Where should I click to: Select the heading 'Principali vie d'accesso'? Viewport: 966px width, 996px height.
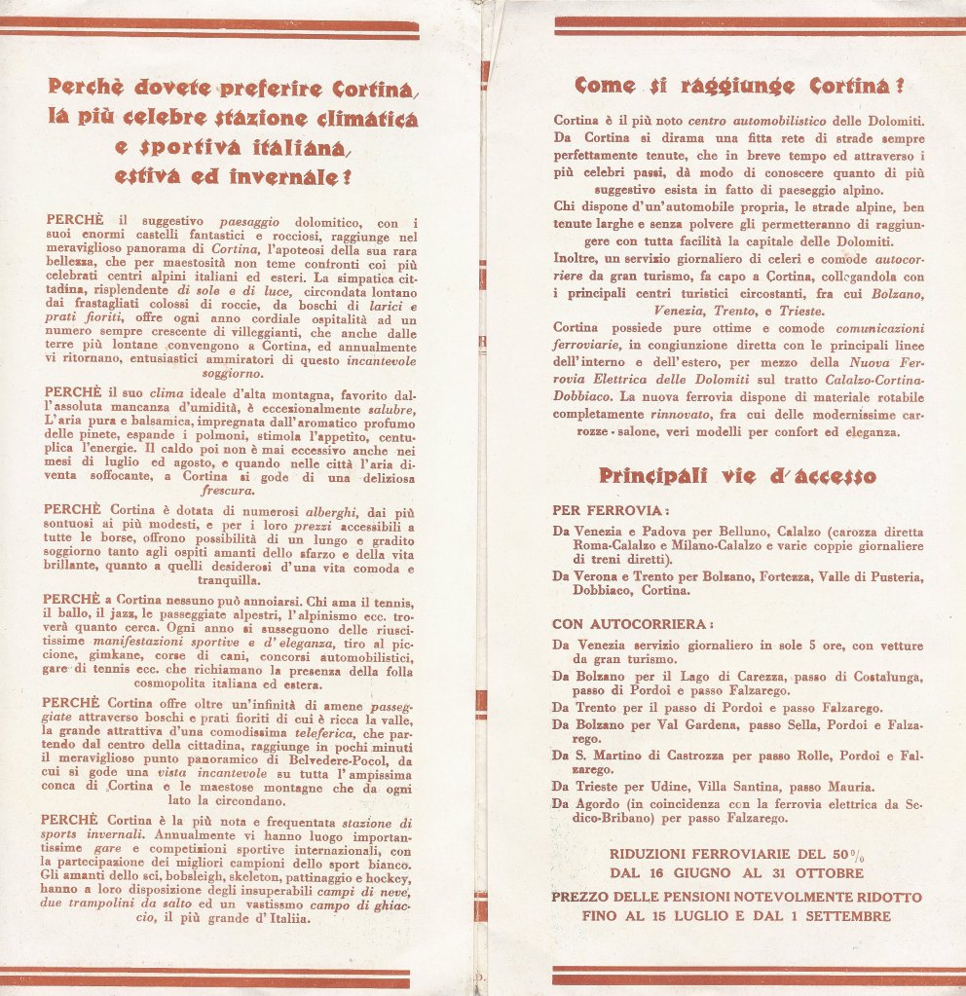click(x=737, y=476)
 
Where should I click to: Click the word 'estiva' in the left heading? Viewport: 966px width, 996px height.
click(x=147, y=177)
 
